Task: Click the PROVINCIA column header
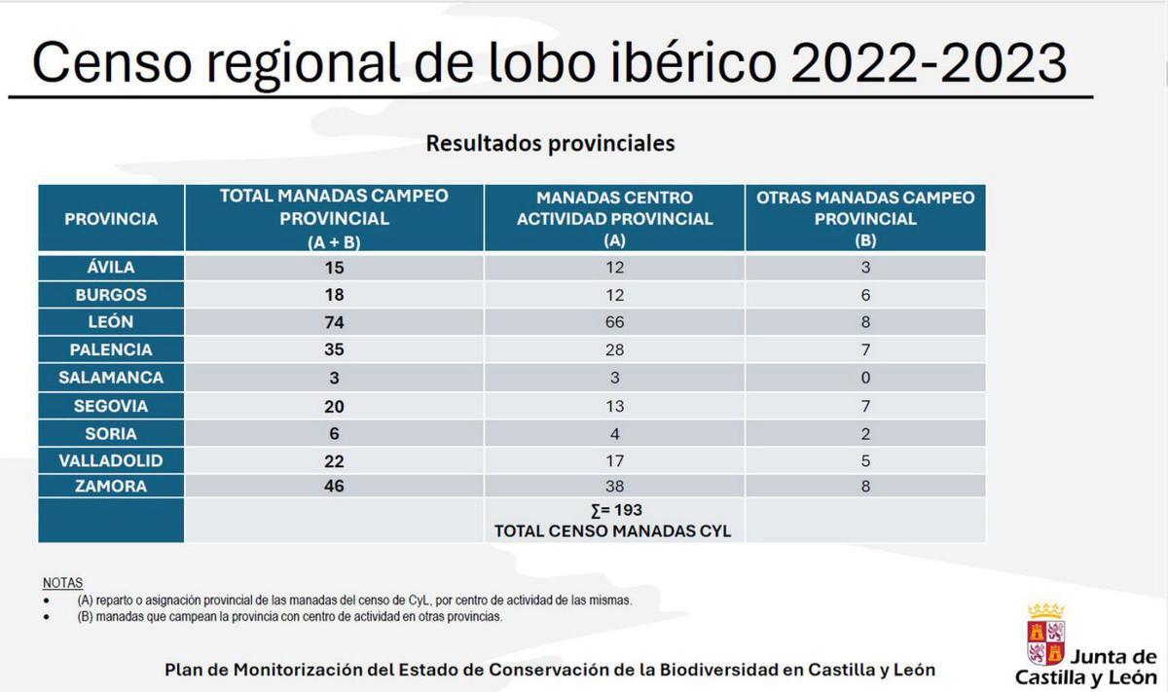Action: [111, 219]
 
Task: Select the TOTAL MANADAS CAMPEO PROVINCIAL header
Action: [334, 219]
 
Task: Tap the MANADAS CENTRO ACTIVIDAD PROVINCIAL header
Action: [614, 219]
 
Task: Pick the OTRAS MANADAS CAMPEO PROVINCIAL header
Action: [865, 219]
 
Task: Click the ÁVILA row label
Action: [111, 268]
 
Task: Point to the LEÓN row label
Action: [111, 322]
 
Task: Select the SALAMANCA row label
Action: [111, 378]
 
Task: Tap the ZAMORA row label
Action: [111, 486]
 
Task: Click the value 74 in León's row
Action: [334, 322]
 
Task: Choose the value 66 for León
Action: [614, 322]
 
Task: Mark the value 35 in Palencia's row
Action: [334, 349]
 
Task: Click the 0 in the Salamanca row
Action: [865, 378]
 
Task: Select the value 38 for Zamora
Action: [614, 487]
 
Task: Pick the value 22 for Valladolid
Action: [334, 461]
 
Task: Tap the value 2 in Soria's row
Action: [865, 434]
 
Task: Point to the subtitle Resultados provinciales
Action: [550, 144]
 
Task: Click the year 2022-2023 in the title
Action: [929, 64]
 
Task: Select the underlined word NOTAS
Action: [63, 583]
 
